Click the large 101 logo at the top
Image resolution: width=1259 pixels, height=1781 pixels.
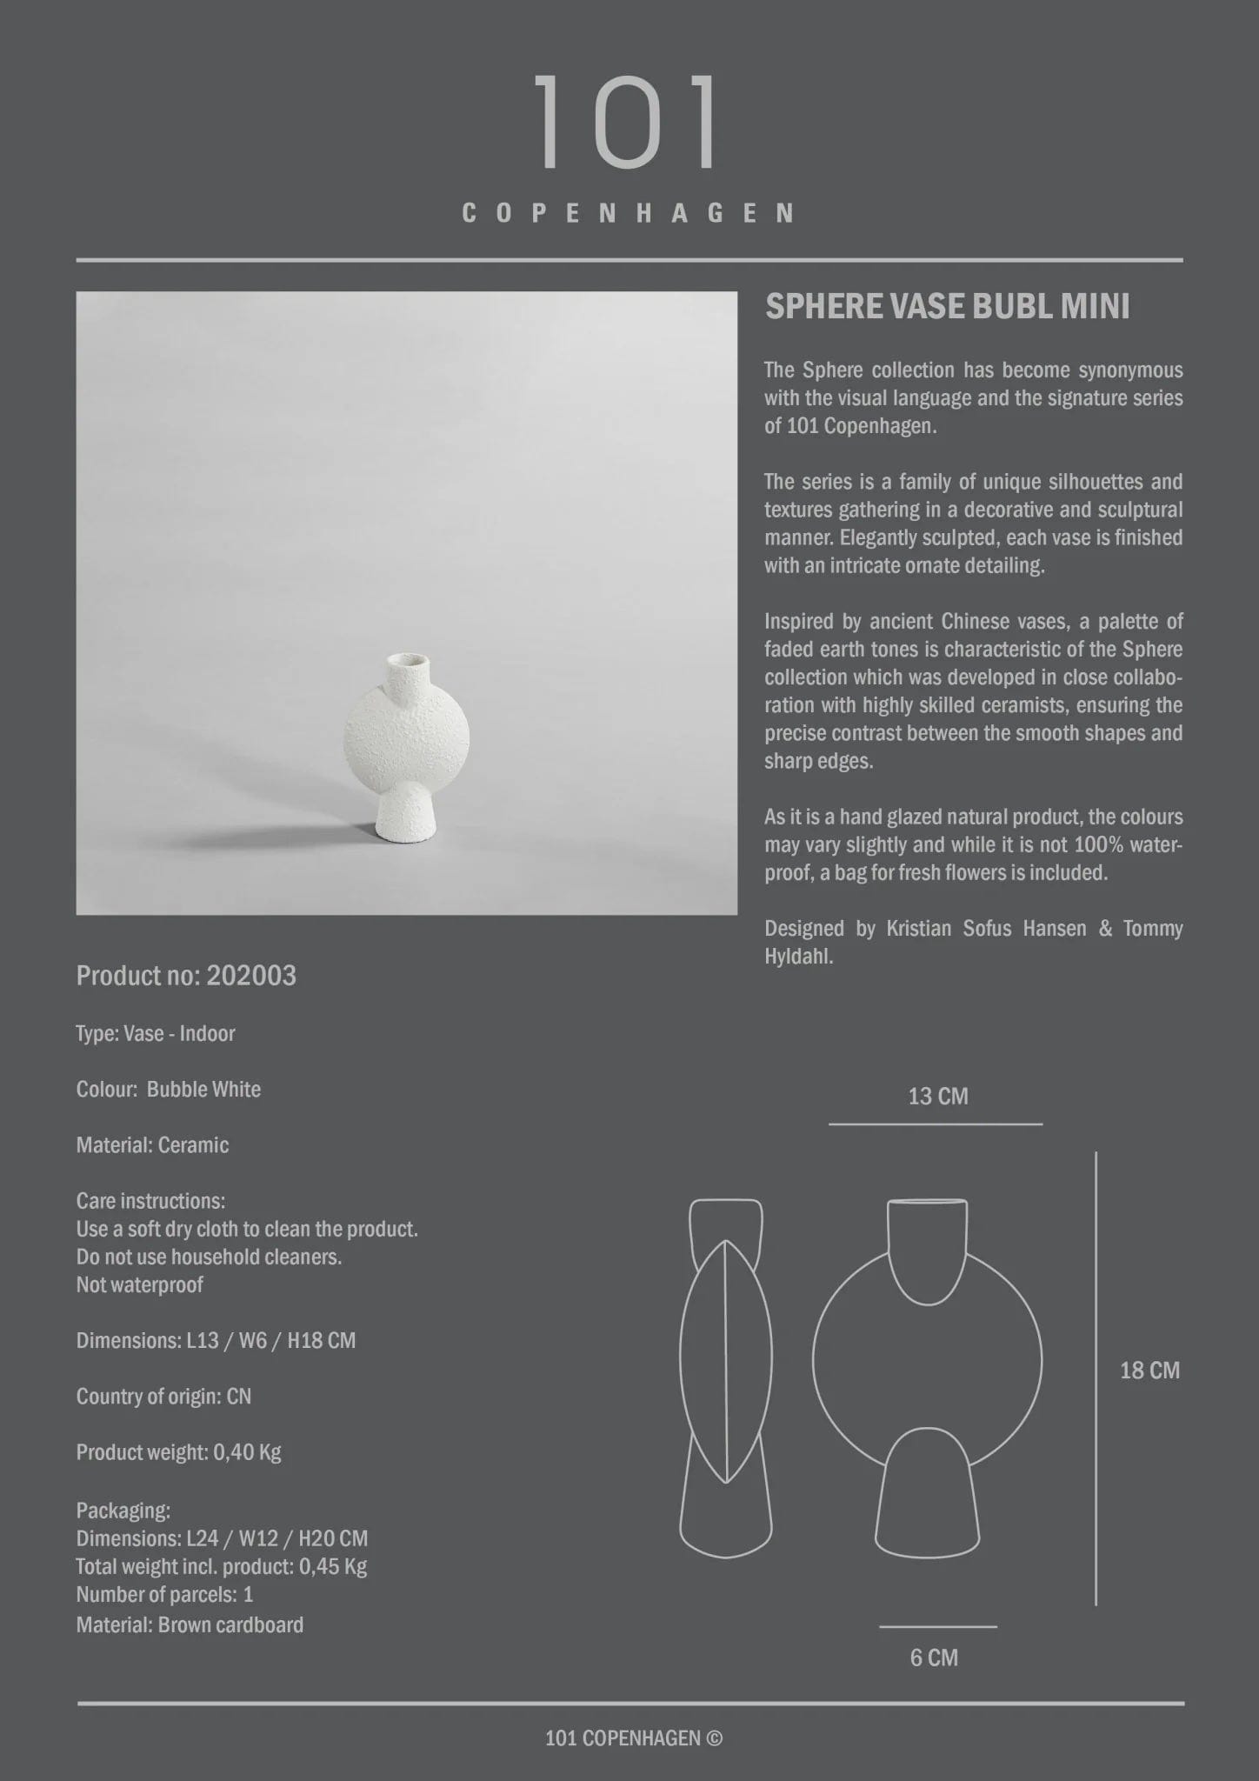click(x=627, y=121)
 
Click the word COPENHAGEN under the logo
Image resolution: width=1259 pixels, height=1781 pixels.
click(x=627, y=213)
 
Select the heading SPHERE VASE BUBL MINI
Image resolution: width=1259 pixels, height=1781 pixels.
click(x=947, y=307)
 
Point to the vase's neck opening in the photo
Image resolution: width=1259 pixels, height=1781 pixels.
click(x=408, y=661)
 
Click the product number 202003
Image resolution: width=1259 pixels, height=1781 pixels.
click(x=251, y=976)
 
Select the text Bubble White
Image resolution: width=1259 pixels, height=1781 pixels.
click(x=203, y=1090)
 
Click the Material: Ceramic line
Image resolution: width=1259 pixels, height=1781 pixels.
click(x=152, y=1145)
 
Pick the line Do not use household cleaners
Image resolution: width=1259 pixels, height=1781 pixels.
click(x=209, y=1257)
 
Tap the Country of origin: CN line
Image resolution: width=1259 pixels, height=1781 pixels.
click(x=163, y=1397)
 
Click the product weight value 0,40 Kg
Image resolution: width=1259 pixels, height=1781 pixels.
click(x=247, y=1452)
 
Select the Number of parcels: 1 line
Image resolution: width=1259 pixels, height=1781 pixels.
click(x=164, y=1594)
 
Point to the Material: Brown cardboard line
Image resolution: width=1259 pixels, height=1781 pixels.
click(x=190, y=1624)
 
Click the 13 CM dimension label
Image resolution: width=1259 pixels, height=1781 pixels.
click(x=937, y=1097)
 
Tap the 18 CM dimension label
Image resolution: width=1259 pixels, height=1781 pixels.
click(x=1149, y=1371)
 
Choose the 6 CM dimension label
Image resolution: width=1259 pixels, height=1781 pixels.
click(x=934, y=1658)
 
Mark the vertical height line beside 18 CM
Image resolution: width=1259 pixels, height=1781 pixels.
click(x=1096, y=1378)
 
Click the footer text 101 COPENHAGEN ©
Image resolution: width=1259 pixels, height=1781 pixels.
click(x=633, y=1738)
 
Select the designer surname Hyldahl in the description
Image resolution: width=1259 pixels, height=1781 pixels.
click(x=798, y=957)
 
